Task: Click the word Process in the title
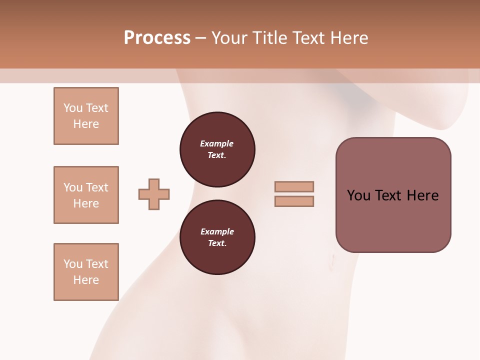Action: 157,38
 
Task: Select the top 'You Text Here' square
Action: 86,116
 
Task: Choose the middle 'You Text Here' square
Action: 86,195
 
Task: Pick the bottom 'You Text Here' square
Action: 86,272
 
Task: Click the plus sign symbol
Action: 154,194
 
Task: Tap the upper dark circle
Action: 217,149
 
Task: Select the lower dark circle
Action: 217,237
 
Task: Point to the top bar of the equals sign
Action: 294,186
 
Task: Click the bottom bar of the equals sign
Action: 294,201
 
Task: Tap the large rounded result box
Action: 393,195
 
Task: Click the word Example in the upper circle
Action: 217,143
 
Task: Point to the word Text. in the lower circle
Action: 217,243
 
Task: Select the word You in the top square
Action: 73,108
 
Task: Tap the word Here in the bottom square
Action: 86,280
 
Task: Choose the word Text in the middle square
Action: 96,187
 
